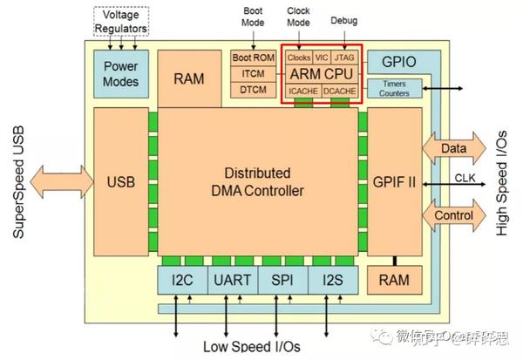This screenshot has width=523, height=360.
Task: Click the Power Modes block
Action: point(121,72)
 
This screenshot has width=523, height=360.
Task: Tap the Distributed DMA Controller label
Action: point(262,181)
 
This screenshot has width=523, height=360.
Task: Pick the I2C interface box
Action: point(180,280)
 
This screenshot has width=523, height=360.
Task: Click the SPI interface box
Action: point(282,280)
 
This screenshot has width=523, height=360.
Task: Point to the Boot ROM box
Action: point(253,58)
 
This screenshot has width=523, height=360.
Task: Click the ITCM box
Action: point(253,74)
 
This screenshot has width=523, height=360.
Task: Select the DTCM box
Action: point(253,91)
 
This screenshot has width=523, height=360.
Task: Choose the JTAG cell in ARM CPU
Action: point(343,58)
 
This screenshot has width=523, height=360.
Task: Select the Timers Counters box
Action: point(397,87)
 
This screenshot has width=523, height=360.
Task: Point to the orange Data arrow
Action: point(453,149)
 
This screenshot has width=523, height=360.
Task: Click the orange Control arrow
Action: point(453,214)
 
